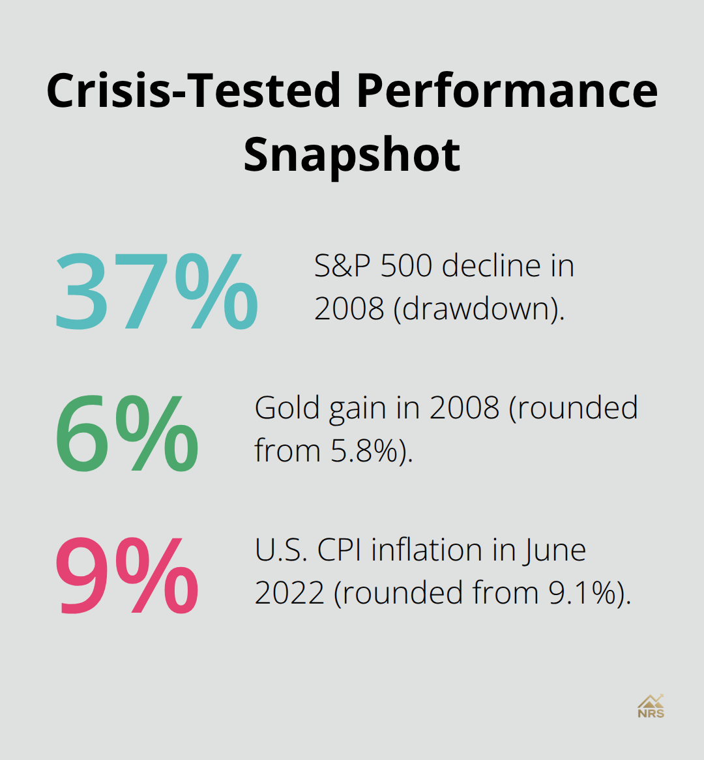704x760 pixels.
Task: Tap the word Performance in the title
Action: pyautogui.click(x=507, y=90)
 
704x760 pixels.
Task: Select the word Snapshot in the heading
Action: pyautogui.click(x=352, y=154)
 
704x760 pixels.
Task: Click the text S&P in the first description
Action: pyautogui.click(x=343, y=266)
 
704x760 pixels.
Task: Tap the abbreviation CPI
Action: pyautogui.click(x=340, y=550)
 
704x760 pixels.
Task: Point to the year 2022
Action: pyautogui.click(x=289, y=592)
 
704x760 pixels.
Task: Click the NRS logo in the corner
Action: pyautogui.click(x=651, y=706)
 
